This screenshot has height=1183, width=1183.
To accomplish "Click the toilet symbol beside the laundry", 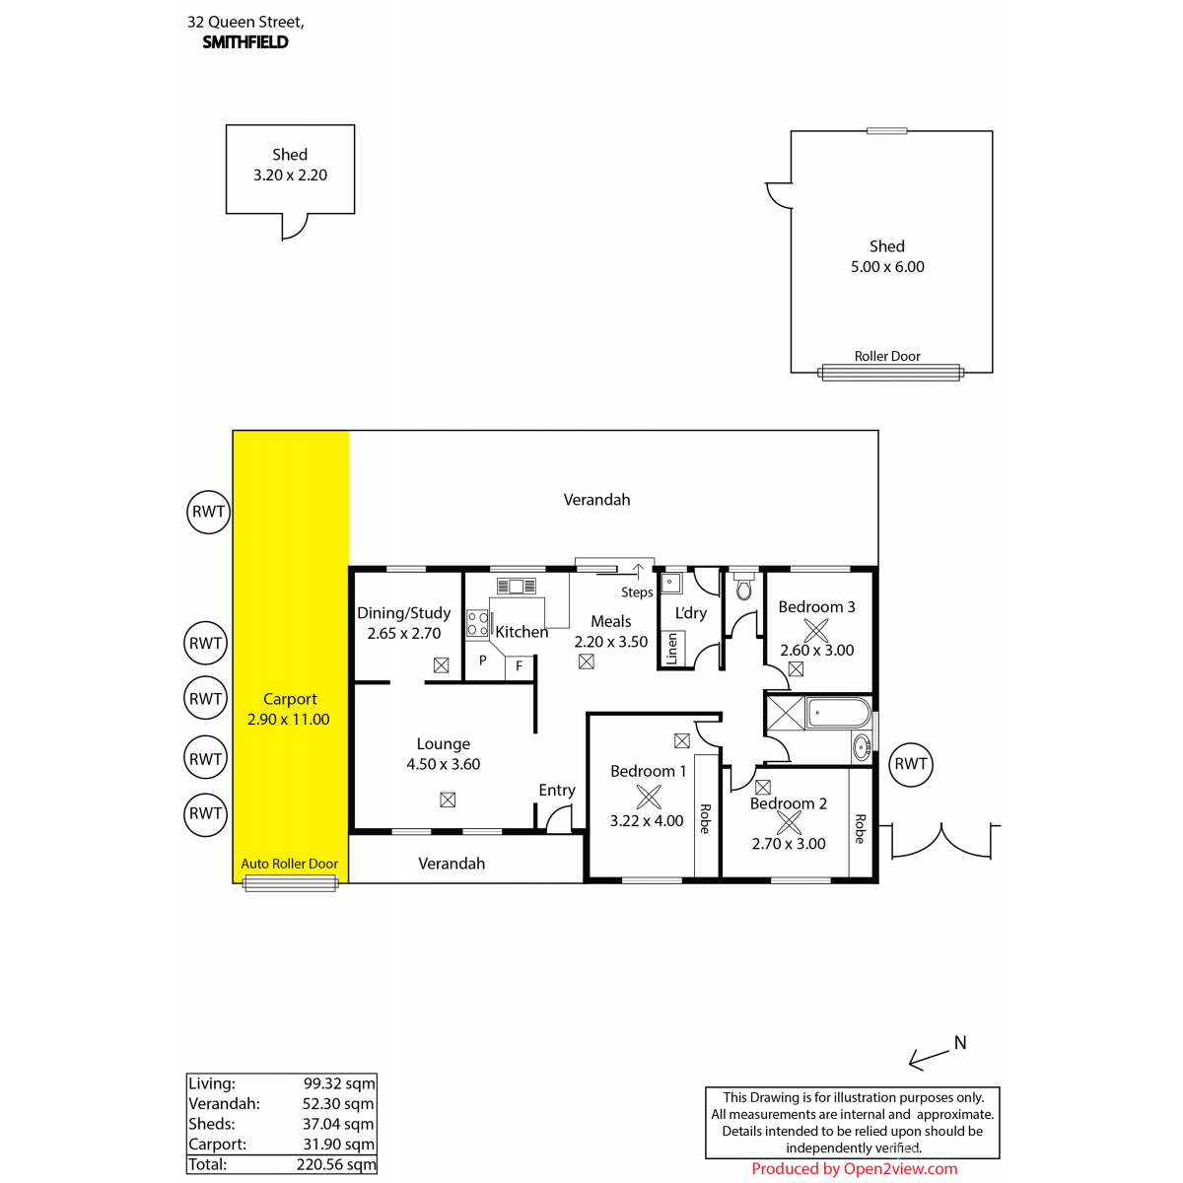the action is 743,586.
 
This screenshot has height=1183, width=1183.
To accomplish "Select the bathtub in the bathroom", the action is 839,713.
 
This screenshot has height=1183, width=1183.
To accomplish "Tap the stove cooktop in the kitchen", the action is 477,622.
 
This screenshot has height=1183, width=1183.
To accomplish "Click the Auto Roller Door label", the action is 289,864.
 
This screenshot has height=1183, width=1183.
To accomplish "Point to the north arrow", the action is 929,1059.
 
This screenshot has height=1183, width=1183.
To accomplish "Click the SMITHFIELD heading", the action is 244,41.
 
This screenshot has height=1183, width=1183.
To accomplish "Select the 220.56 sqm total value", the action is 336,1164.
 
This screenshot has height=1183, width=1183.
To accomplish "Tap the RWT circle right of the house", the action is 911,764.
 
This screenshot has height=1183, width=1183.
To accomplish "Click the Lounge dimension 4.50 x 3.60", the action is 443,764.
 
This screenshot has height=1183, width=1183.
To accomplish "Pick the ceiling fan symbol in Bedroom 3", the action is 816,630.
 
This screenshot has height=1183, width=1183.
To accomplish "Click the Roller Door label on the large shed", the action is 886,356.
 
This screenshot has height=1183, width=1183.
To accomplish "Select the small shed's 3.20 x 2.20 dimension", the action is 290,174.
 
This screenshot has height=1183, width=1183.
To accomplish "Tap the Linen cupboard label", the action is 671,649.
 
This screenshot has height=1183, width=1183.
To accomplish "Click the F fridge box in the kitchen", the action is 520,667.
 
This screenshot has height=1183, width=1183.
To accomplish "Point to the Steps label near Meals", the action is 637,592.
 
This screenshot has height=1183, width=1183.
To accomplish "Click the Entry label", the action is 557,790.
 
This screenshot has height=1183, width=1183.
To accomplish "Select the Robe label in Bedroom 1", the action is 706,819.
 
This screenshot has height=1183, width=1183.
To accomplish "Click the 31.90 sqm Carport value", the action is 339,1144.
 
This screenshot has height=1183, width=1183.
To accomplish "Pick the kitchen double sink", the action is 516,586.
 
